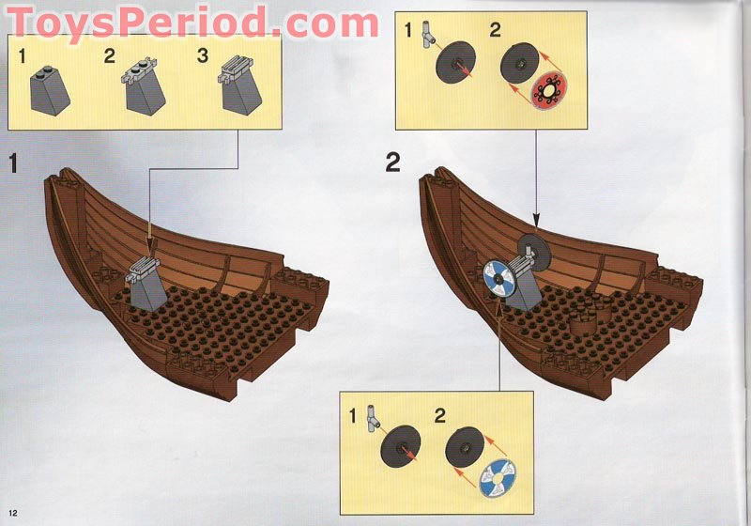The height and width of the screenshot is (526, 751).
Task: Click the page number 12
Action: pyautogui.click(x=12, y=513)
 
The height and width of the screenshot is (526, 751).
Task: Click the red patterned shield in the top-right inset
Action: pyautogui.click(x=549, y=90)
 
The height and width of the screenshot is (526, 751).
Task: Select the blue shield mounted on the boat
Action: pyautogui.click(x=499, y=279)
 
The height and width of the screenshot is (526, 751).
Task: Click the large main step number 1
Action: pyautogui.click(x=13, y=162)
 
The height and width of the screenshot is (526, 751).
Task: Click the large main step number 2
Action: pyautogui.click(x=392, y=162)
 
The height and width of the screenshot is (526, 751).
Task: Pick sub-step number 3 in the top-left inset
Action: pyautogui.click(x=203, y=55)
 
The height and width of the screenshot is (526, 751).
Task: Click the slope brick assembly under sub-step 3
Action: pyautogui.click(x=240, y=85)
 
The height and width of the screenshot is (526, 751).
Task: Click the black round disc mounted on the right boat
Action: pyautogui.click(x=534, y=252)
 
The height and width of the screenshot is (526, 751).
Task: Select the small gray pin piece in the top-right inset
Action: pyautogui.click(x=429, y=36)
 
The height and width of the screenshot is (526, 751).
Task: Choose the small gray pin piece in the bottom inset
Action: pyautogui.click(x=373, y=419)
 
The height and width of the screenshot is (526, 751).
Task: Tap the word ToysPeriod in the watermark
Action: pyautogui.click(x=143, y=22)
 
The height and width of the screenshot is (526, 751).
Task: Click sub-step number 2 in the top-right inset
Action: pyautogui.click(x=496, y=30)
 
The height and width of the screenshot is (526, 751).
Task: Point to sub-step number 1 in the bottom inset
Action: pyautogui.click(x=353, y=416)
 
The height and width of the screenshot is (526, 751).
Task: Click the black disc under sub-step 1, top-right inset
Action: pyautogui.click(x=455, y=63)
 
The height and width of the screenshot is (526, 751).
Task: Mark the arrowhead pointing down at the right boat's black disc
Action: pyautogui.click(x=536, y=222)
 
